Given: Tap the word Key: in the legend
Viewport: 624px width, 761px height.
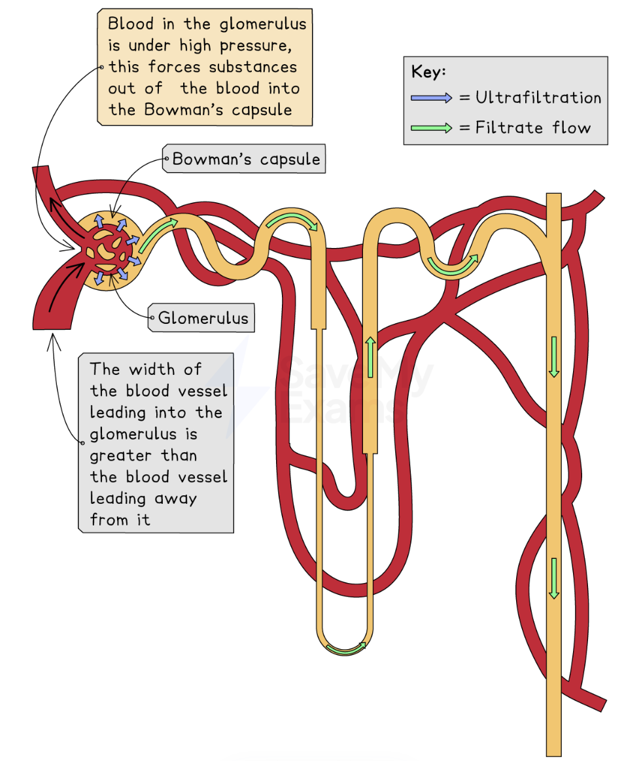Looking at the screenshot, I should click(428, 73).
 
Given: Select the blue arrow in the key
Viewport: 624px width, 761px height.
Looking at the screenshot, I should click(431, 98).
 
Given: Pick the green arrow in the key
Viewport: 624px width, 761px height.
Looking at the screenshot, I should click(431, 128).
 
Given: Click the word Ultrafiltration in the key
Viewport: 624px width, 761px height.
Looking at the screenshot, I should click(538, 98).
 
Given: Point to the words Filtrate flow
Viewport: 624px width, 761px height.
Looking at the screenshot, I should click(532, 128).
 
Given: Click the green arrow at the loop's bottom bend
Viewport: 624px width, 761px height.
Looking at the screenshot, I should click(346, 648).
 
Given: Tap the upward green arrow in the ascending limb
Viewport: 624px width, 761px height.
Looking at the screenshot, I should click(371, 357).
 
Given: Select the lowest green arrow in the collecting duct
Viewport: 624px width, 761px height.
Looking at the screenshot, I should click(554, 578).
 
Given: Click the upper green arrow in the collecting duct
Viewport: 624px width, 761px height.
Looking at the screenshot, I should click(554, 357).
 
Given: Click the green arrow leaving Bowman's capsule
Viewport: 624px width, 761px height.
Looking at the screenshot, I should click(158, 233).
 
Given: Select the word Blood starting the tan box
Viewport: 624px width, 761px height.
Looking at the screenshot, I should click(131, 24).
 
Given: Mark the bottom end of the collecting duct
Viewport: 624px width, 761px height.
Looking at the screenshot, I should click(553, 751).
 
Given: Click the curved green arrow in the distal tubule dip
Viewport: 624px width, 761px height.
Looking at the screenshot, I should click(451, 264).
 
